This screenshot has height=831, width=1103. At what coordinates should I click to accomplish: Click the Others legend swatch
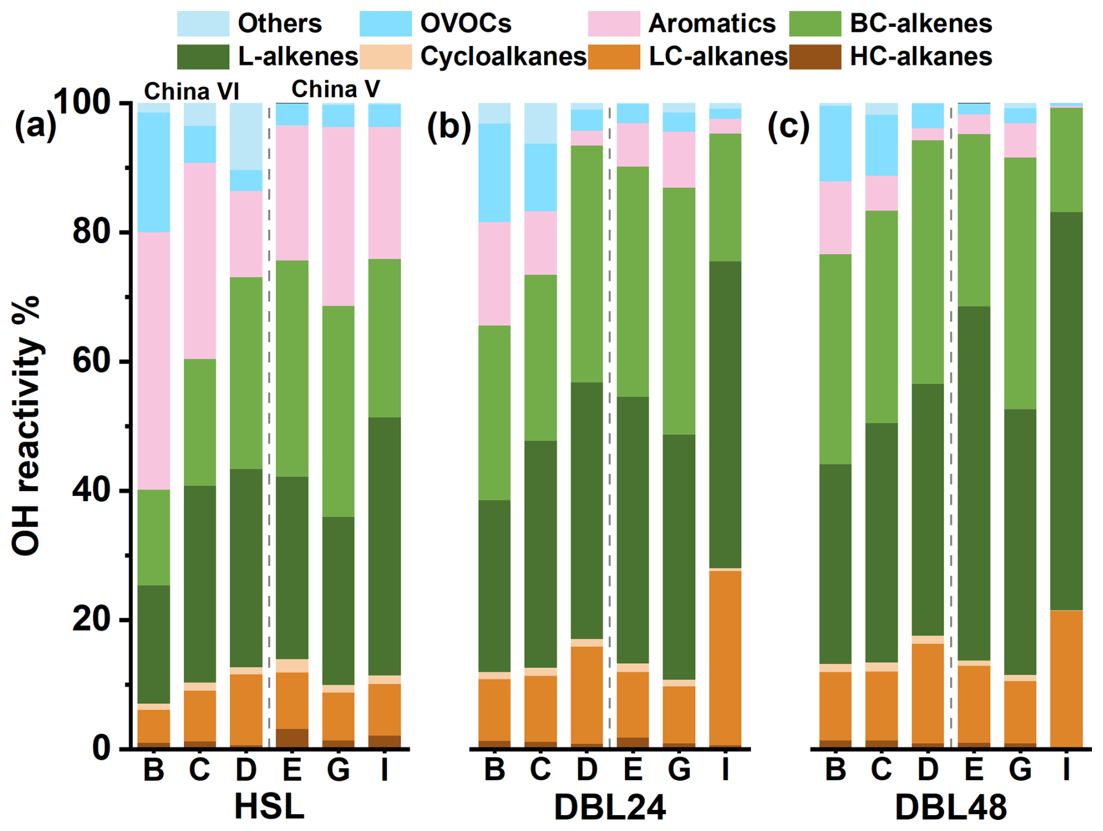pyautogui.click(x=203, y=24)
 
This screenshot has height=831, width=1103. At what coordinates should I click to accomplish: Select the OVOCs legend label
pyautogui.click(x=465, y=24)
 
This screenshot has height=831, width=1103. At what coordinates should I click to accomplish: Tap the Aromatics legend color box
pyautogui.click(x=614, y=24)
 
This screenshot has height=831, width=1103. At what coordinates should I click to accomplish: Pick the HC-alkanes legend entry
pyautogui.click(x=921, y=57)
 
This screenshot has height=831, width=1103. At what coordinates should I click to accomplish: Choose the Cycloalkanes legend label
pyautogui.click(x=503, y=57)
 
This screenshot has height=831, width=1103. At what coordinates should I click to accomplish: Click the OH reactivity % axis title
pyautogui.click(x=26, y=425)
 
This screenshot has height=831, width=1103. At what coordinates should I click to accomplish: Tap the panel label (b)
pyautogui.click(x=448, y=126)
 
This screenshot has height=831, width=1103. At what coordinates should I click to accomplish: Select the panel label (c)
pyautogui.click(x=788, y=126)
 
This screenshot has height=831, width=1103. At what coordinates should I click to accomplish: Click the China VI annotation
pyautogui.click(x=191, y=91)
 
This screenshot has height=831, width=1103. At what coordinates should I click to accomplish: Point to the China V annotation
pyautogui.click(x=335, y=89)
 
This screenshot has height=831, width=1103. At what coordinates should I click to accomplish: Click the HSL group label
pyautogui.click(x=269, y=807)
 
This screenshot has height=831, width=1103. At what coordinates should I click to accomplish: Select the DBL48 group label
pyautogui.click(x=950, y=807)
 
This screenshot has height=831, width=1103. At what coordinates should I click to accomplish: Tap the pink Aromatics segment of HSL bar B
pyautogui.click(x=154, y=361)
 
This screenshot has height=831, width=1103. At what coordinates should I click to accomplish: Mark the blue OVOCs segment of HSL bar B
pyautogui.click(x=154, y=172)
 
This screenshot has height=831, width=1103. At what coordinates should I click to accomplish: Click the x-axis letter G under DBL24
pyautogui.click(x=679, y=770)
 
